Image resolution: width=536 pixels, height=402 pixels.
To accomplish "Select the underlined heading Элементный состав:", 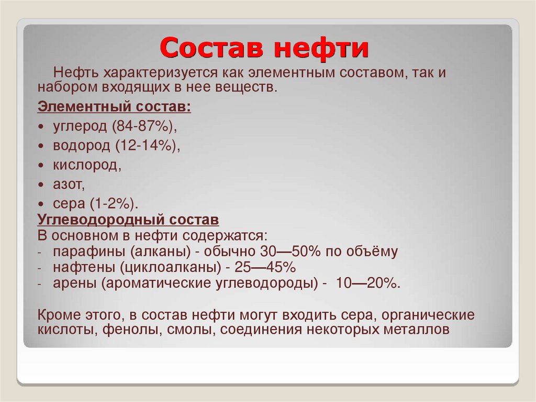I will click(114, 107).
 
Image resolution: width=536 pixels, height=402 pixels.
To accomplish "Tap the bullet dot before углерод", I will click(41, 127).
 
